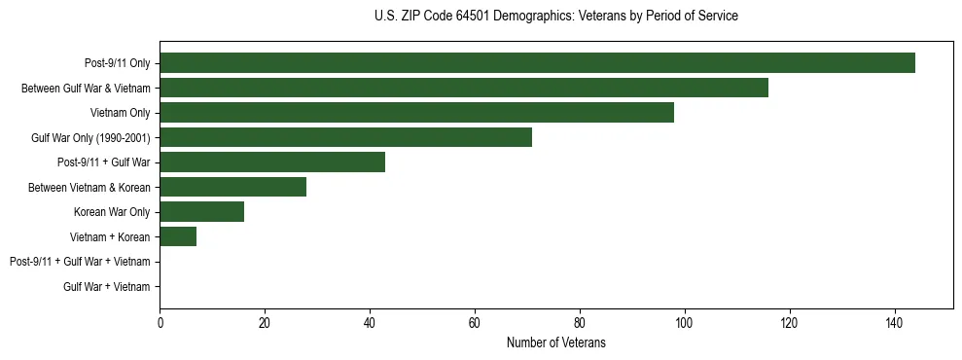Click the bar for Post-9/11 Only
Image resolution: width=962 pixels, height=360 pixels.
click(537, 63)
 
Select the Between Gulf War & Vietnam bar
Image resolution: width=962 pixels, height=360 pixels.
click(463, 88)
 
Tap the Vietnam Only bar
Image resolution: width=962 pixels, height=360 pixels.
click(416, 113)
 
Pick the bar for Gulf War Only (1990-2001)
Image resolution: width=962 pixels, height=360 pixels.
click(345, 137)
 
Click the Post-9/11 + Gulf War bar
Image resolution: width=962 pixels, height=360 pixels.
click(272, 162)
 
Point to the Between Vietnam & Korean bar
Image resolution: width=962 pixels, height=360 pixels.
click(232, 187)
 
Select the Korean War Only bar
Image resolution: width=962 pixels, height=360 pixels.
click(201, 212)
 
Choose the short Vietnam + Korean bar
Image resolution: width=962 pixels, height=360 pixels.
click(178, 236)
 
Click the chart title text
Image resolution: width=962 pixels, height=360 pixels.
click(555, 17)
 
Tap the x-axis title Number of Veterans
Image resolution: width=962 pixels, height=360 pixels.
click(555, 342)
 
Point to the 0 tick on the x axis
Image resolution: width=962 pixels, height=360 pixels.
click(160, 322)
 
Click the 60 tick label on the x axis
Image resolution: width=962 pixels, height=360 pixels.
click(475, 322)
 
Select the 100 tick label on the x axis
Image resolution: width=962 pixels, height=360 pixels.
click(685, 322)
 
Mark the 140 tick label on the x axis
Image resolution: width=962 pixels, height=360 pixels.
click(895, 322)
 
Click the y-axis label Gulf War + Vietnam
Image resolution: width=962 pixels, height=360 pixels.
click(107, 286)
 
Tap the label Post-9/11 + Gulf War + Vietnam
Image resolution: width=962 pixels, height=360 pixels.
click(80, 262)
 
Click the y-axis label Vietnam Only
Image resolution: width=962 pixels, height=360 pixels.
click(120, 113)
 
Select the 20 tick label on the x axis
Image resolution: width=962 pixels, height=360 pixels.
click(265, 322)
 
